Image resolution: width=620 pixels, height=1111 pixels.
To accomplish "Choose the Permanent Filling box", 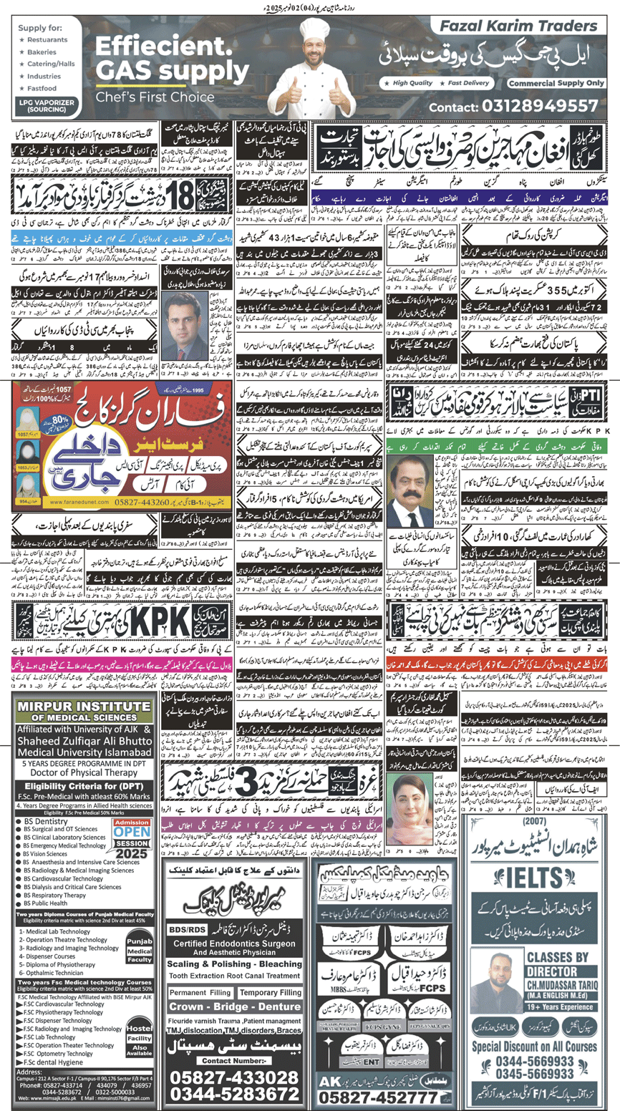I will [x=200, y=993].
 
